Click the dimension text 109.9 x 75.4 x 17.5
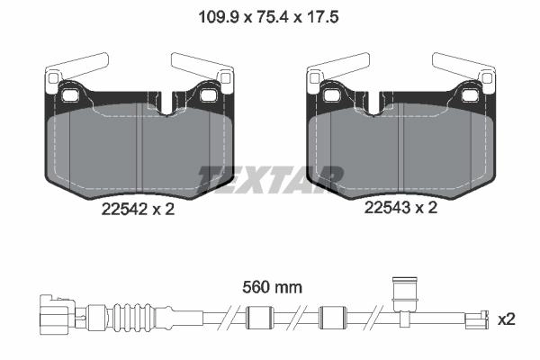268,17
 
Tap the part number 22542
124,209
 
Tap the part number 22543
387,208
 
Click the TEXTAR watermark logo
270,179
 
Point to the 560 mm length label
272,287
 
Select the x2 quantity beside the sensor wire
507,319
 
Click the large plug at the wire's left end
58,314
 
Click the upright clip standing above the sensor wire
405,295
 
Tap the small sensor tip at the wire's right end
477,319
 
